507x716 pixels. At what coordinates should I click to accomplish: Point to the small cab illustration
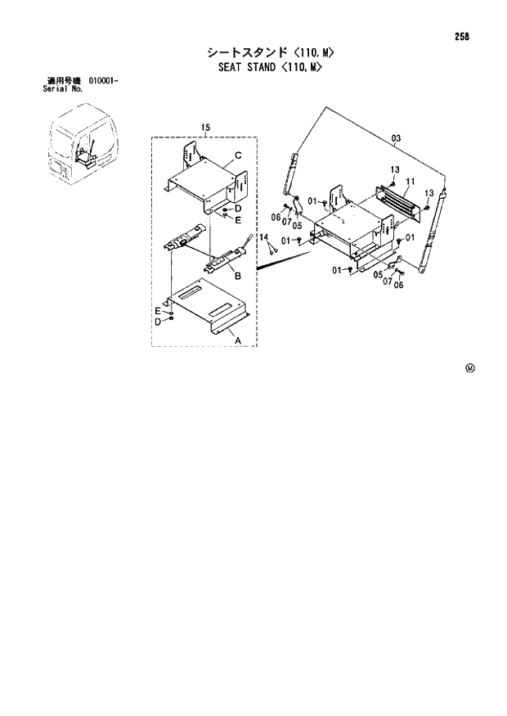[x=80, y=148]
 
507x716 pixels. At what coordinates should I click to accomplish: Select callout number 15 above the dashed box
[x=205, y=127]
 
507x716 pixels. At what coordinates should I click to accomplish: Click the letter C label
[x=237, y=155]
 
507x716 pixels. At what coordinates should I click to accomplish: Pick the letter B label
[x=237, y=277]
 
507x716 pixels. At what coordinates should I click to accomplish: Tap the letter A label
[x=238, y=339]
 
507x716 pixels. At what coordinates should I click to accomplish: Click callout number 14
[x=264, y=236]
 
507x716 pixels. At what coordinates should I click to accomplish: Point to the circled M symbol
[x=469, y=367]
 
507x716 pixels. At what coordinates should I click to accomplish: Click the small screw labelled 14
[x=269, y=249]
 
